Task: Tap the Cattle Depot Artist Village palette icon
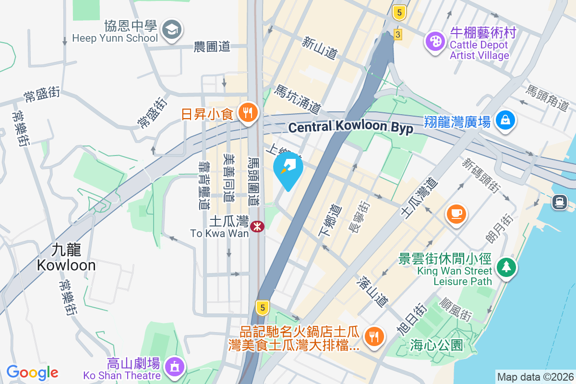pyautogui.click(x=435, y=42)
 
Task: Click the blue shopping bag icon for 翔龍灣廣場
pyautogui.click(x=505, y=120)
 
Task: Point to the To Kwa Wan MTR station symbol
pyautogui.click(x=257, y=226)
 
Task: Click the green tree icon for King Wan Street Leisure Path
pyautogui.click(x=506, y=266)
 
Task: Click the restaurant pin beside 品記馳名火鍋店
pyautogui.click(x=373, y=336)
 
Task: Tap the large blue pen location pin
pyautogui.click(x=288, y=169)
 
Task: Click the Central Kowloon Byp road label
pyautogui.click(x=350, y=128)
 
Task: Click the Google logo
pyautogui.click(x=32, y=372)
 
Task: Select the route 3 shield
pyautogui.click(x=397, y=34)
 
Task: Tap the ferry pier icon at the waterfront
pyautogui.click(x=560, y=202)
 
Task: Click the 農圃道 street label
pyautogui.click(x=212, y=47)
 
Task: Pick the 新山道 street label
pyautogui.click(x=319, y=49)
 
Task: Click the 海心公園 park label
pyautogui.click(x=436, y=345)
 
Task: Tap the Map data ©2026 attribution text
pyautogui.click(x=535, y=377)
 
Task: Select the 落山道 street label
pyautogui.click(x=373, y=291)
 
